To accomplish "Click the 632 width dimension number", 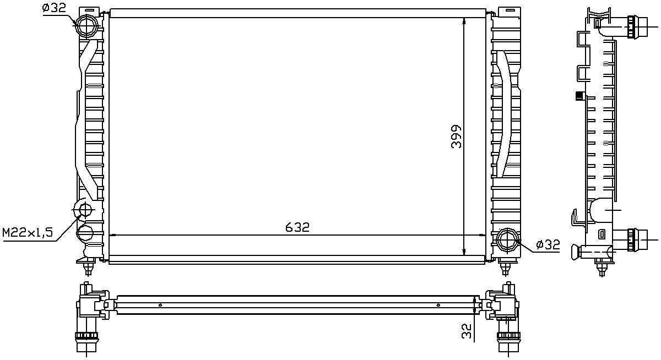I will (x=297, y=227).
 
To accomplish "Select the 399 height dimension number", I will (x=456, y=136).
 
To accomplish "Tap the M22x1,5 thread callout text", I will (x=28, y=233).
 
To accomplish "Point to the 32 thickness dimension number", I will (x=467, y=331).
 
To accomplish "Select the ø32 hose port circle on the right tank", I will (x=506, y=240).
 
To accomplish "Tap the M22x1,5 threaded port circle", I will (x=85, y=210).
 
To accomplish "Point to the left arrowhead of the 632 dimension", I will (x=113, y=235).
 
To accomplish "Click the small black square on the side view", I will (x=579, y=97).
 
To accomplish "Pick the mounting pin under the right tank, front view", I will (x=505, y=268).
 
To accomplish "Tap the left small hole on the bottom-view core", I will (x=160, y=304).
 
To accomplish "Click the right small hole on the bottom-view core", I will (x=438, y=304).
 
